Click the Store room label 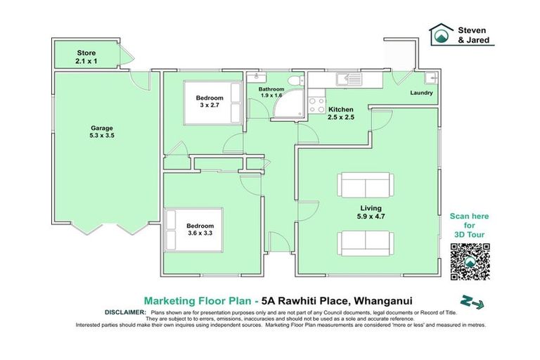(85, 57)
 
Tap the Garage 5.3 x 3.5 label (101, 132)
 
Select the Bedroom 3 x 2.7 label (209, 102)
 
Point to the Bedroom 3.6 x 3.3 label (200, 229)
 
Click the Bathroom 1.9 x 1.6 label (271, 93)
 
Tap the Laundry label (420, 93)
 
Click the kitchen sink (347, 79)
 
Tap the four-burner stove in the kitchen (317, 105)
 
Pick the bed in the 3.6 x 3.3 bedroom (193, 229)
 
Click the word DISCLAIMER (124, 311)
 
